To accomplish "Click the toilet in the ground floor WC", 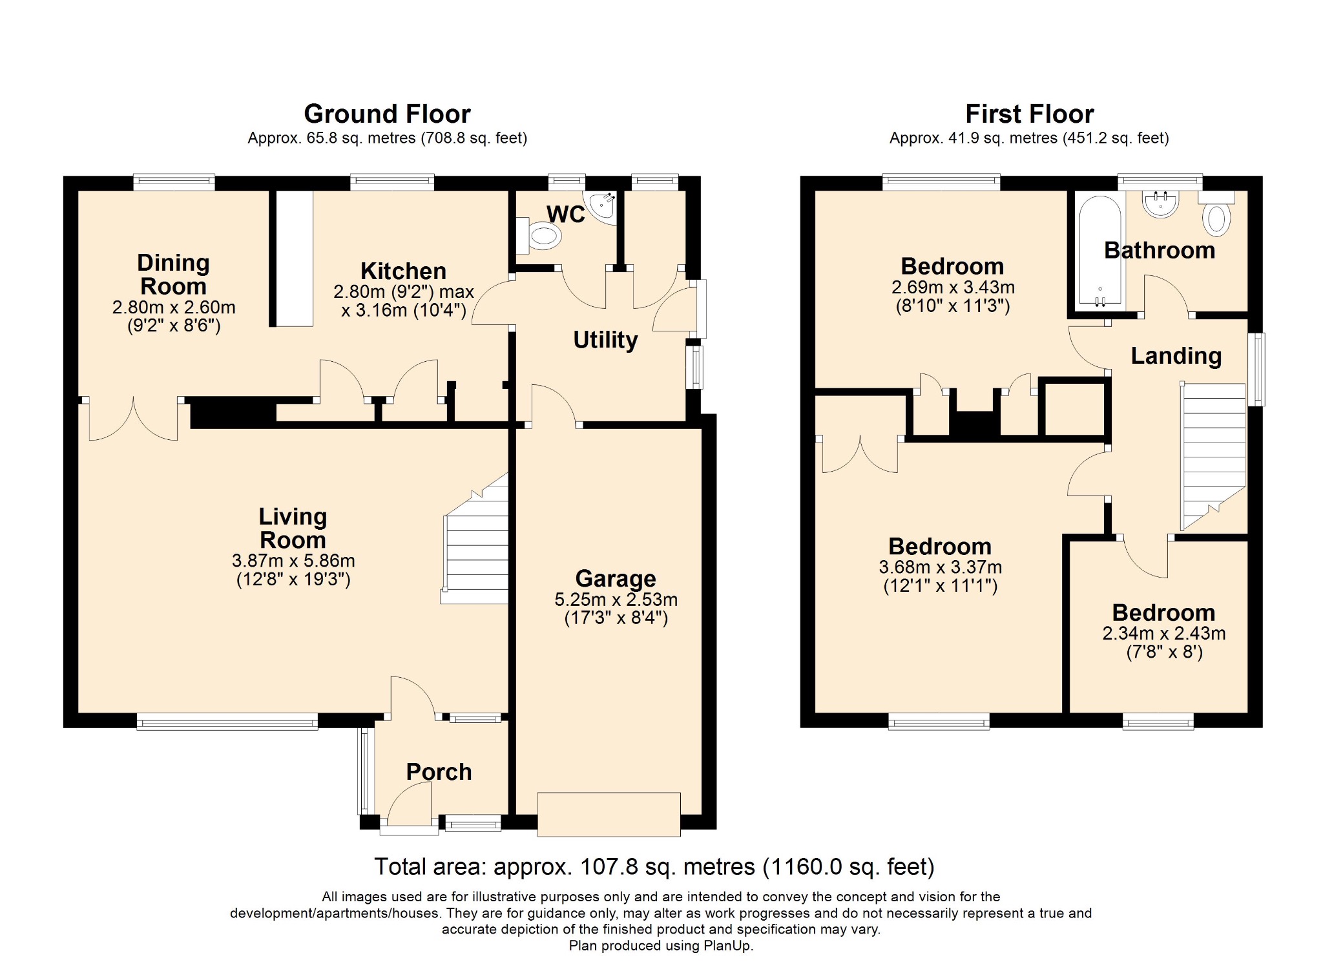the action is click(539, 236).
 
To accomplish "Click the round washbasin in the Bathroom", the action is click(1161, 204).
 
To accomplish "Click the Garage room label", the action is click(616, 578).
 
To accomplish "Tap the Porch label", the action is click(439, 771).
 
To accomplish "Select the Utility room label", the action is click(605, 340).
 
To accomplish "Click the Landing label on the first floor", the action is click(1176, 356).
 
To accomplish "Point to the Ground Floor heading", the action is click(387, 114).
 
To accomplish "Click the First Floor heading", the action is click(1030, 114).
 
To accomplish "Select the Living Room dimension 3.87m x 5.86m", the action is click(293, 561).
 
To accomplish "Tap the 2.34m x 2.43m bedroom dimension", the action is click(1164, 633).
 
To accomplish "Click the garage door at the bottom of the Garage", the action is click(609, 814).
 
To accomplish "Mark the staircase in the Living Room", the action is click(475, 539).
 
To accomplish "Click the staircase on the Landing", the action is click(1213, 456).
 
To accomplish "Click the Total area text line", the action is click(654, 866).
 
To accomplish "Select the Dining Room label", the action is click(173, 275).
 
